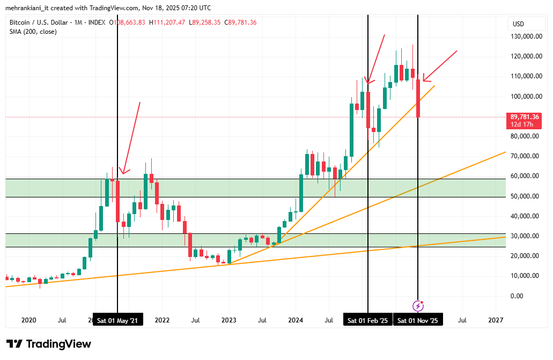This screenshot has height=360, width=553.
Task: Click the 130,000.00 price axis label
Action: point(526,36)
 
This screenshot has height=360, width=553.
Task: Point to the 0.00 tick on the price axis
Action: point(517,296)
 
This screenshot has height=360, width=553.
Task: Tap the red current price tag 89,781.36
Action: point(524,120)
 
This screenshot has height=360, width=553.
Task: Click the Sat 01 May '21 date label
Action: point(118,320)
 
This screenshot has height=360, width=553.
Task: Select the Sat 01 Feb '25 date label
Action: point(368,320)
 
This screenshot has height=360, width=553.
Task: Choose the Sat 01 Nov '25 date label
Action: point(418,320)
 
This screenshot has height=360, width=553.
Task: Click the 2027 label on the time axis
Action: point(496,320)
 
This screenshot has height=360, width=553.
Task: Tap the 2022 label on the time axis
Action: point(162,320)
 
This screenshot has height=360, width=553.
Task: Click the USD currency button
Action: point(519,24)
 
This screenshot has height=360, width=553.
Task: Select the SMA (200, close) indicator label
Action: point(33,32)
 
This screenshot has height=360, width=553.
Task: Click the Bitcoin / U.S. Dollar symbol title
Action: point(39,23)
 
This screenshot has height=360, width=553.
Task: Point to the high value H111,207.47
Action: point(167,23)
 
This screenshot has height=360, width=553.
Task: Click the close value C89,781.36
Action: point(240,23)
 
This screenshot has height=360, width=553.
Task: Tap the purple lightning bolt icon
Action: point(418,306)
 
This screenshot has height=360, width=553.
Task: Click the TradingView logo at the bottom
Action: point(49,344)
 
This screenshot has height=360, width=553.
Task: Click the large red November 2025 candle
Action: point(418,99)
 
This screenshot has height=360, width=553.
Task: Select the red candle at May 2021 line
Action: point(118,201)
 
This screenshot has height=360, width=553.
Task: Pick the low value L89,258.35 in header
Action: point(204,23)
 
